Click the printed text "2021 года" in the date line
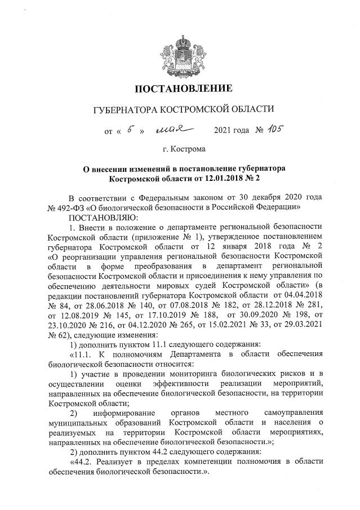(x=232, y=131)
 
